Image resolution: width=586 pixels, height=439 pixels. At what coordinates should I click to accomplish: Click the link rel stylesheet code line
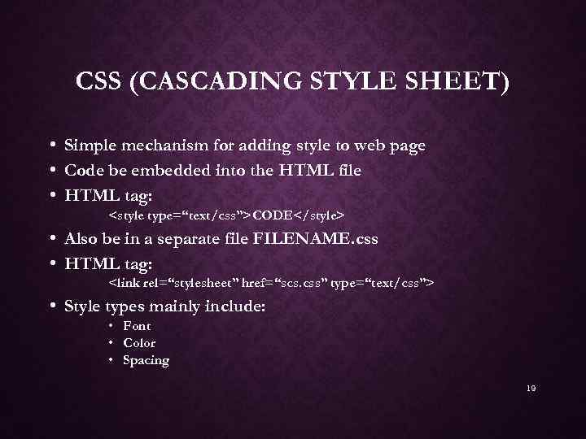271,283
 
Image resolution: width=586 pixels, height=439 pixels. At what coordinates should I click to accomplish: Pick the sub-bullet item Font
137,326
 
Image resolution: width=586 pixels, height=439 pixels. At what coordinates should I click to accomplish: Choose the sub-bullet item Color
138,343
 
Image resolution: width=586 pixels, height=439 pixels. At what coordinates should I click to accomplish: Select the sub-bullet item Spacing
146,360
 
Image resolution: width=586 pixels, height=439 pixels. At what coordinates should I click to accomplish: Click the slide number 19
531,389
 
